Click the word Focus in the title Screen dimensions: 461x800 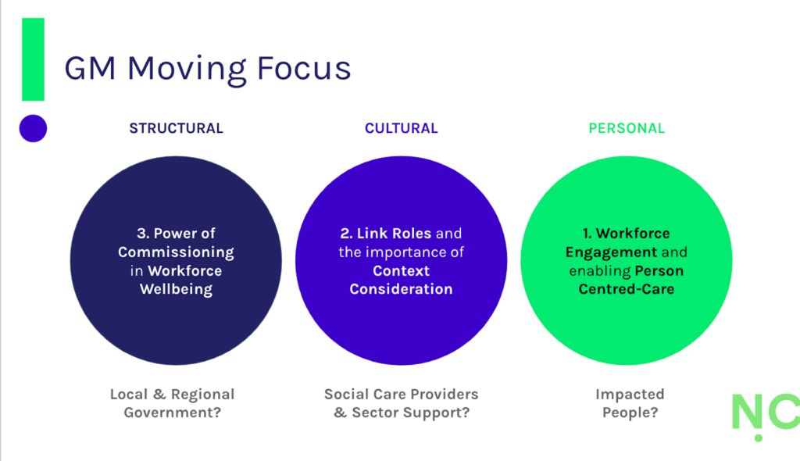tap(302, 69)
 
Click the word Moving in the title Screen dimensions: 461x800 tap(184, 69)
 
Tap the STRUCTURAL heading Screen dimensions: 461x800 tap(176, 128)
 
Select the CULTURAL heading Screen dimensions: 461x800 tap(401, 128)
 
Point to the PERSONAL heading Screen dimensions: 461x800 tap(627, 128)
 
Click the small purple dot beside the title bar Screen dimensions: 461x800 tap(33, 128)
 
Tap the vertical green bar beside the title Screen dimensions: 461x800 tap(33, 59)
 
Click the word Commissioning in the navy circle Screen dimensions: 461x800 tap(176, 252)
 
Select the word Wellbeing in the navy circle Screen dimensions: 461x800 tap(176, 289)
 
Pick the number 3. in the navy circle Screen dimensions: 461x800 tap(142, 233)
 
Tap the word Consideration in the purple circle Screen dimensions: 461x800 tap(401, 289)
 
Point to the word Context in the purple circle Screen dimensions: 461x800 tap(401, 270)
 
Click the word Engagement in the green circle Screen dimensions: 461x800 tap(611, 252)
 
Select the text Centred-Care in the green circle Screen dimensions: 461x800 tap(627, 289)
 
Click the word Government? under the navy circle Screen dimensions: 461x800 tap(173, 413)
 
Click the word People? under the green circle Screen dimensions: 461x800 tap(630, 413)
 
